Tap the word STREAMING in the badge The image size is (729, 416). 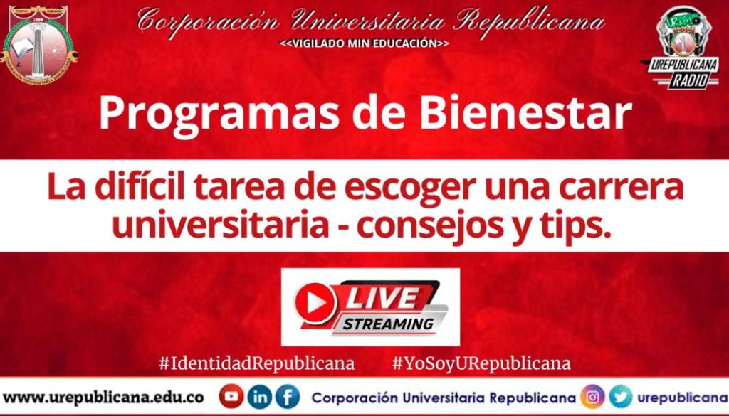[388, 324]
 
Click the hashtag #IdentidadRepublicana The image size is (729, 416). [256, 363]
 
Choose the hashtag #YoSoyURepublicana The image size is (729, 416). [481, 363]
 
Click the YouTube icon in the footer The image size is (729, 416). [231, 396]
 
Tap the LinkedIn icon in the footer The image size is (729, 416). [261, 396]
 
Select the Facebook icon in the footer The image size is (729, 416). [288, 396]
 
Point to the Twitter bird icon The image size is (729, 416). [620, 396]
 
